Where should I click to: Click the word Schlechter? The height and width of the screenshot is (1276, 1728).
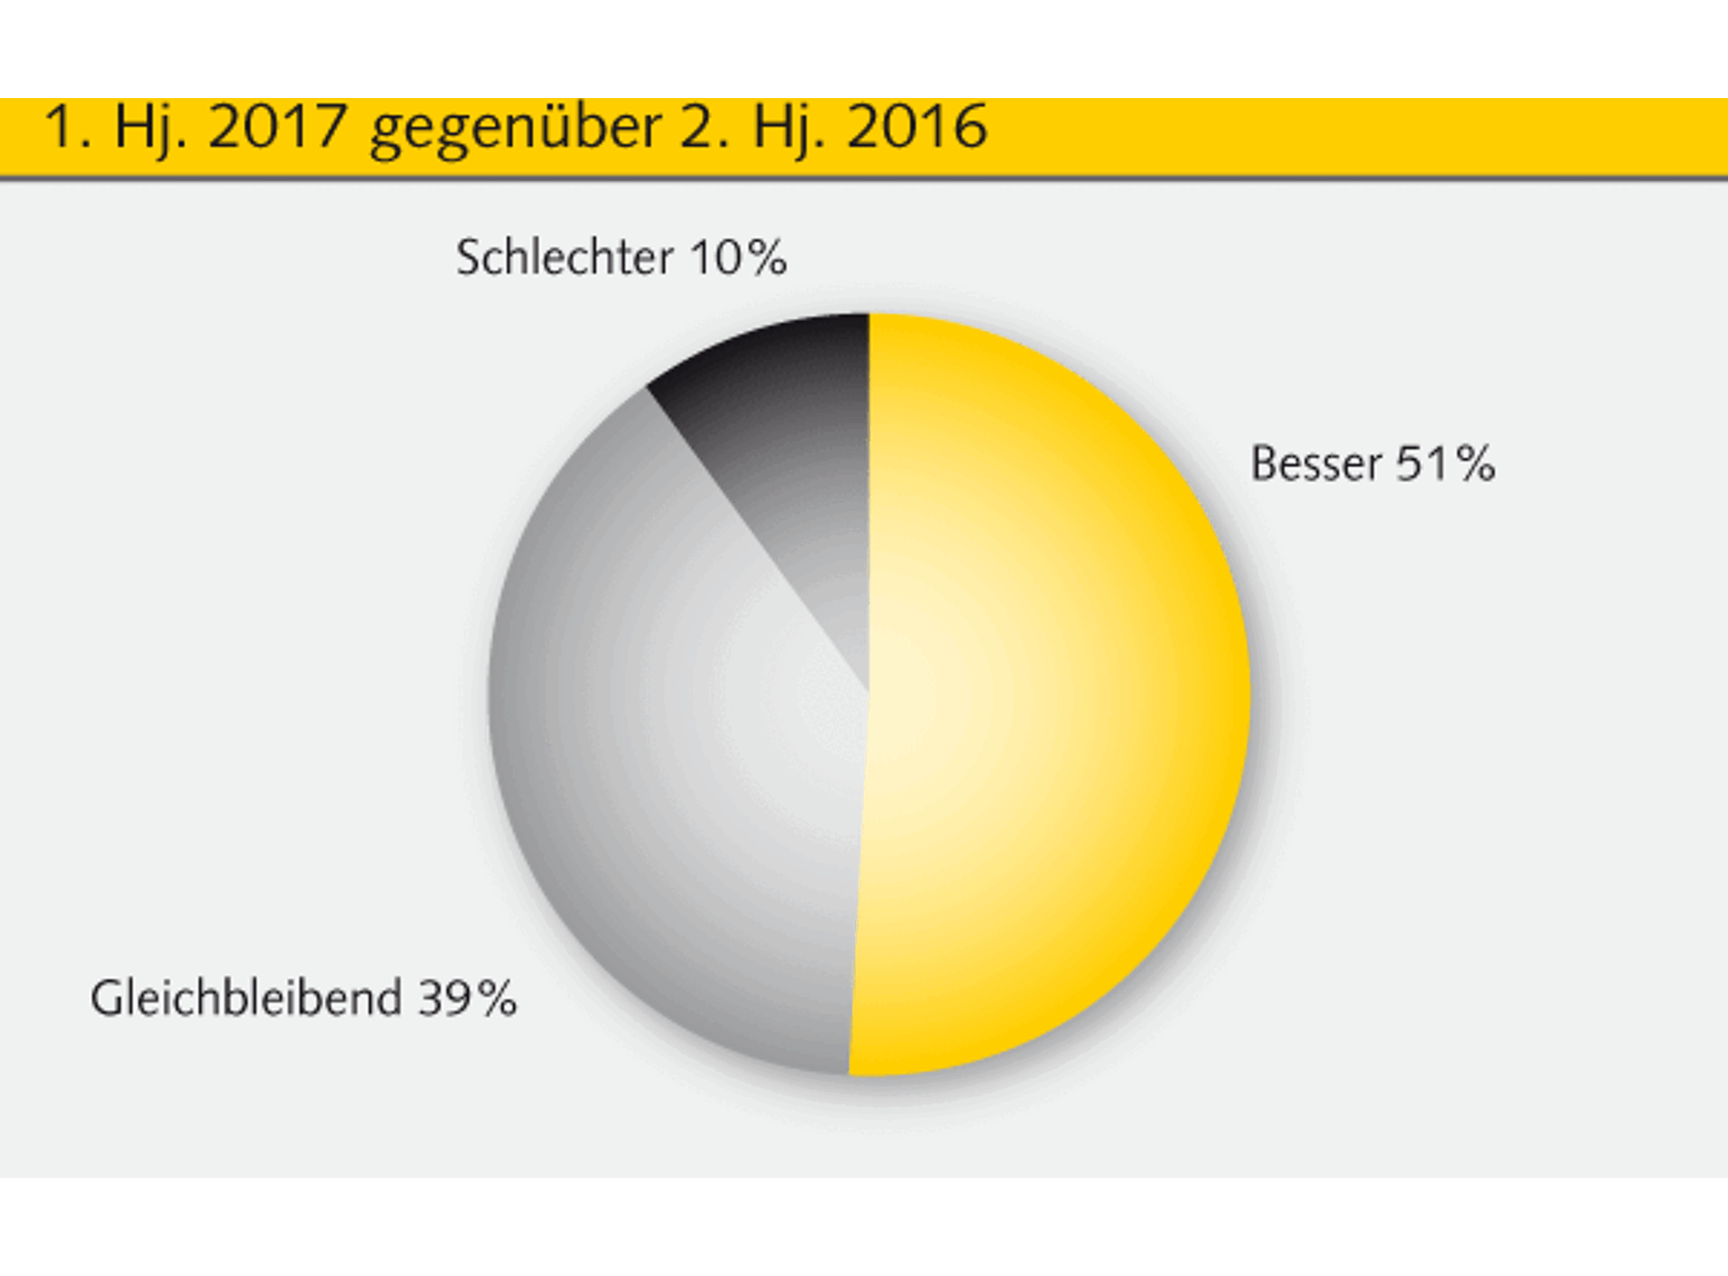[x=564, y=257]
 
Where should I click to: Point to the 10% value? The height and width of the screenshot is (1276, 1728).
[x=739, y=257]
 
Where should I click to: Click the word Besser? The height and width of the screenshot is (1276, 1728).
[x=1316, y=464]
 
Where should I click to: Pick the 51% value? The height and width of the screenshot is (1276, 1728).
[x=1445, y=464]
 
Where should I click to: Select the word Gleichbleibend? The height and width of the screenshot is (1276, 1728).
[x=246, y=999]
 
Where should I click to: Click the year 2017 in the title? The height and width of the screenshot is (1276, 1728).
[x=277, y=127]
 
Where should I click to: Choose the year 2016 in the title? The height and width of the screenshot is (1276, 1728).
[x=916, y=127]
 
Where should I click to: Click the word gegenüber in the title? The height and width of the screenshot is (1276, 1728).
[x=515, y=129]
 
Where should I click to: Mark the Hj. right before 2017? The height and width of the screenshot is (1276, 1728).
[x=150, y=129]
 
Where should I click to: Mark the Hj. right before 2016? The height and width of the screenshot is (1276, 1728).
[x=788, y=129]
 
